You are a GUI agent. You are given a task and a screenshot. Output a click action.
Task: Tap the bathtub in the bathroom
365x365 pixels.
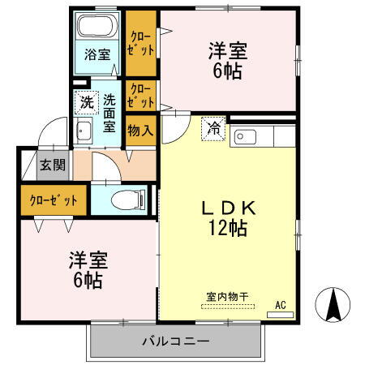click(97, 28)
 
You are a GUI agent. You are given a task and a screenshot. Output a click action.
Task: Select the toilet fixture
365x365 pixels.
click(131, 198)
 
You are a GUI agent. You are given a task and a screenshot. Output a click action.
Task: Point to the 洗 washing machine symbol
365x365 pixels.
click(86, 102)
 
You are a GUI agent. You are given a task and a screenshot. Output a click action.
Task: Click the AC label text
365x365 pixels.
click(281, 304)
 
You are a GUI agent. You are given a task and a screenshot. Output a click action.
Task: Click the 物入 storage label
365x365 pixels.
click(139, 130)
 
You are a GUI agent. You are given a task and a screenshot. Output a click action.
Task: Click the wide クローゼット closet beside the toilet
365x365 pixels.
click(54, 200)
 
